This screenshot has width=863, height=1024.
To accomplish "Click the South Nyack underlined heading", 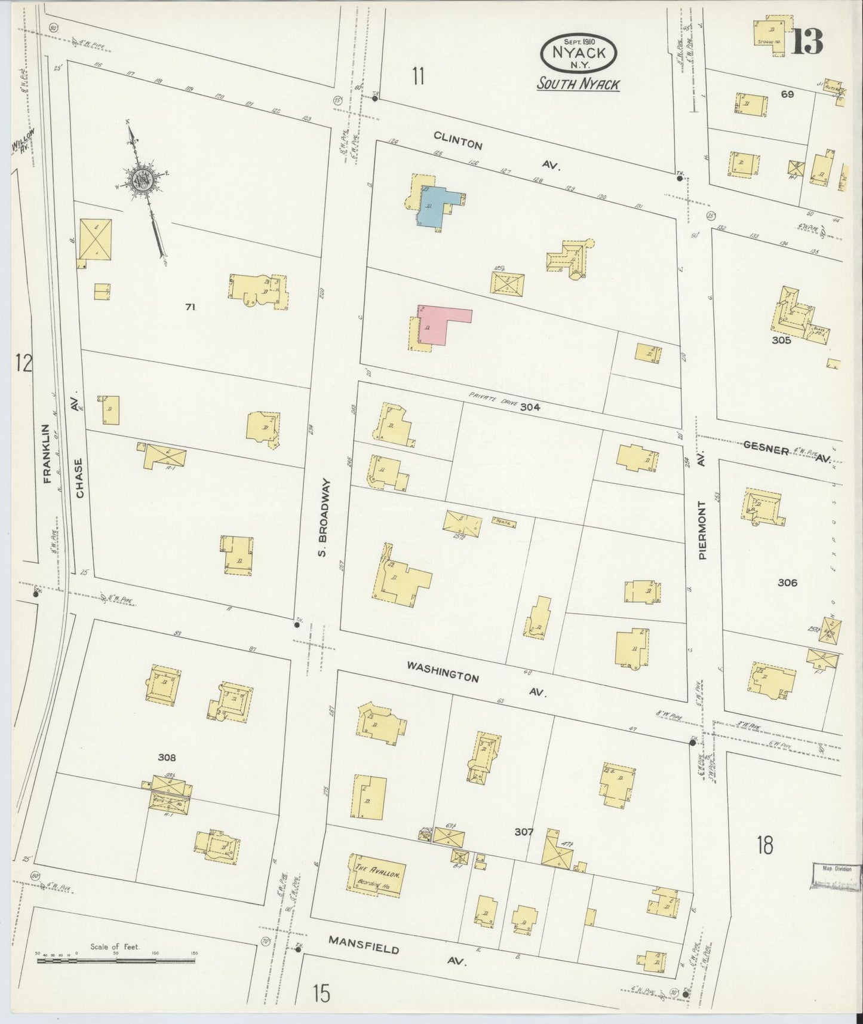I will (x=578, y=84).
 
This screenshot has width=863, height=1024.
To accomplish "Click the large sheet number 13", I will (x=807, y=40).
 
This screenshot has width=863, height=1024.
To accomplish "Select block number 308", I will (x=167, y=758).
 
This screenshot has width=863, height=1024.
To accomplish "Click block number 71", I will (x=190, y=307).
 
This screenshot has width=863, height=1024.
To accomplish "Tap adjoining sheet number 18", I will (x=764, y=845).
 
